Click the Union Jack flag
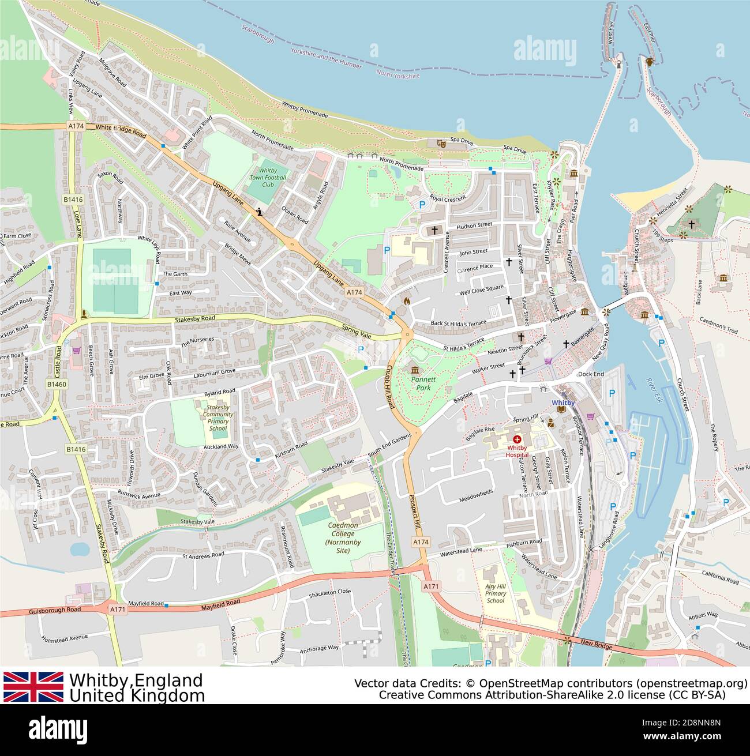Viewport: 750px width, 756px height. click(x=33, y=686)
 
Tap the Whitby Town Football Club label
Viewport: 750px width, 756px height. click(x=268, y=178)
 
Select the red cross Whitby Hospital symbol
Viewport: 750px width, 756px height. click(x=517, y=439)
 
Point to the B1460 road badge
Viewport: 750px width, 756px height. click(x=57, y=384)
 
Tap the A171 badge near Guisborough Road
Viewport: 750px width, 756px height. click(x=117, y=609)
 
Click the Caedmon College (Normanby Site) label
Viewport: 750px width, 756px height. click(x=343, y=537)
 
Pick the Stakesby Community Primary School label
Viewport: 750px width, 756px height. click(x=218, y=418)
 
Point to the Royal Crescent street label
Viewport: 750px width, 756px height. click(x=448, y=198)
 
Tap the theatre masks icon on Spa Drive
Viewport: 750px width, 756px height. click(x=441, y=143)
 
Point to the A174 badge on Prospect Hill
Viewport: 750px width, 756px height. click(x=421, y=542)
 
